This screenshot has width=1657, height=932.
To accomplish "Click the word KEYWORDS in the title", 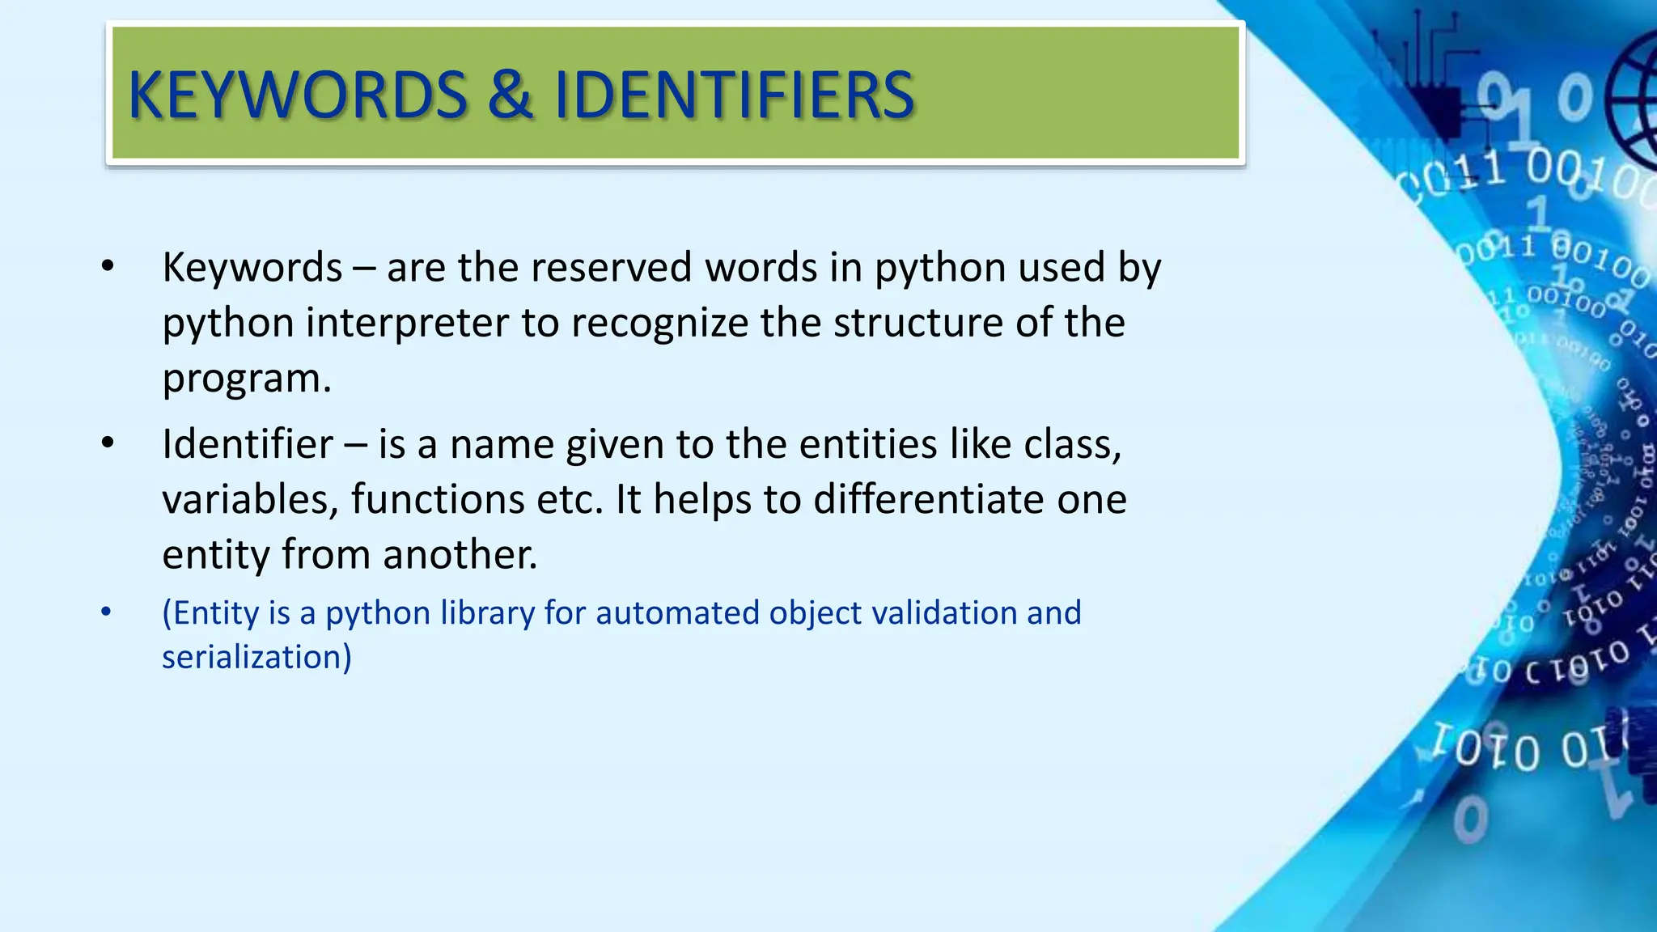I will (x=298, y=95).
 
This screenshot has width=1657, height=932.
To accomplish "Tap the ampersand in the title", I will (x=510, y=95).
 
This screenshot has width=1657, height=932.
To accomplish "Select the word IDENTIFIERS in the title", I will (x=733, y=95).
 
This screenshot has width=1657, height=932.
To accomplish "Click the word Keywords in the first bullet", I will (x=252, y=268).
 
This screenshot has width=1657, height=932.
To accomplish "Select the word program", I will (x=246, y=379).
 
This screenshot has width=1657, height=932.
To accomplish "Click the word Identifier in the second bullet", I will (x=247, y=444).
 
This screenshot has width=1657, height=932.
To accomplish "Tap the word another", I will (x=460, y=555).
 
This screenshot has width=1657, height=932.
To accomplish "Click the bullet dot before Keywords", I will (x=108, y=266).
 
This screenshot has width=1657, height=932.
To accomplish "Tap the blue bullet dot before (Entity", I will (x=106, y=612).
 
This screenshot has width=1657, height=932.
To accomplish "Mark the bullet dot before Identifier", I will (x=108, y=443).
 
